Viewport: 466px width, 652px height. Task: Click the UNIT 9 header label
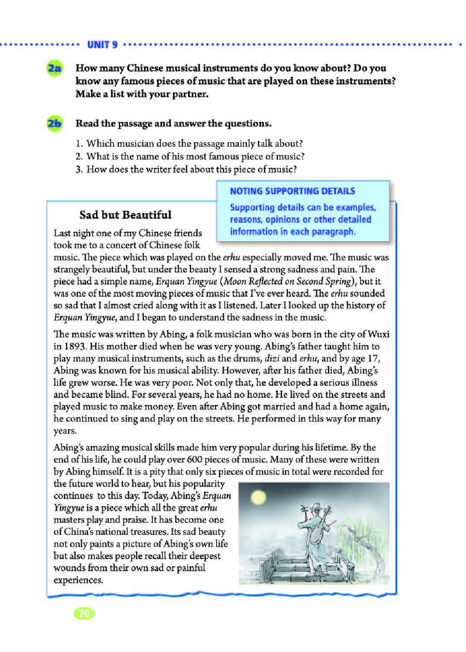pyautogui.click(x=103, y=44)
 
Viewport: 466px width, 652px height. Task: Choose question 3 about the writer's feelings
pyautogui.click(x=186, y=170)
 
